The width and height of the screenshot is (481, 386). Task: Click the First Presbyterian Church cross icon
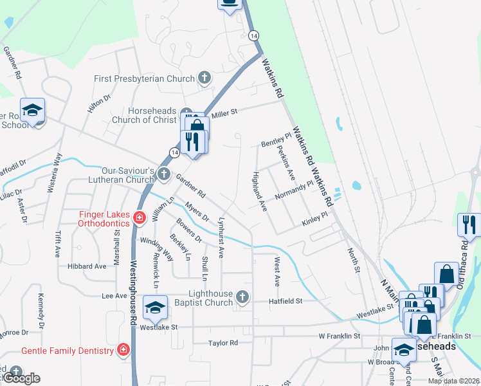(x=204, y=79)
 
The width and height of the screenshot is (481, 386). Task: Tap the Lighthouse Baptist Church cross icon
(x=242, y=297)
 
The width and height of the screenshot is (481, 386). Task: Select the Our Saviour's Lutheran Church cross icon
(x=164, y=174)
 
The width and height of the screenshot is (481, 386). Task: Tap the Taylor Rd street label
(x=223, y=343)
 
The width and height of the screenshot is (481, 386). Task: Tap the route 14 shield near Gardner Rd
(x=174, y=151)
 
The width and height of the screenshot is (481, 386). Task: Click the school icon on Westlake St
(x=155, y=307)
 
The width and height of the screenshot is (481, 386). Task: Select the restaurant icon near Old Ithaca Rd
(x=469, y=225)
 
